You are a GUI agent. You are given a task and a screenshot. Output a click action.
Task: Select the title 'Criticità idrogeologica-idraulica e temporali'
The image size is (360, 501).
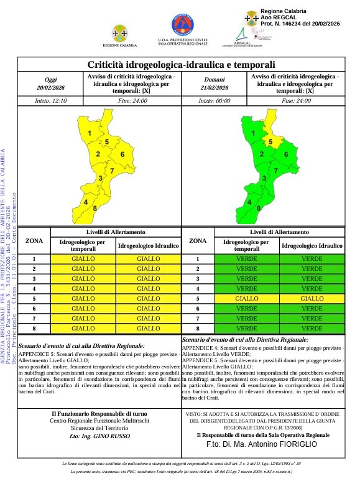click(180, 65)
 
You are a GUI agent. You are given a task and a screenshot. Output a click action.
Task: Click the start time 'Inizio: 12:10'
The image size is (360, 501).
click(51, 100)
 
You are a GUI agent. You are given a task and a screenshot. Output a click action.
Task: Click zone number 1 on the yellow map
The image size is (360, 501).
click(90, 134)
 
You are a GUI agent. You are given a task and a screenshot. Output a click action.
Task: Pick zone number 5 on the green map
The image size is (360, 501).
click(270, 142)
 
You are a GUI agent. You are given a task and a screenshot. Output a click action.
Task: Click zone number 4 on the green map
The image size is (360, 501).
click(249, 202)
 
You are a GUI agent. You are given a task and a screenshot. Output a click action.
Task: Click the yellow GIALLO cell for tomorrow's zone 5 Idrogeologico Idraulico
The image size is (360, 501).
click(312, 299)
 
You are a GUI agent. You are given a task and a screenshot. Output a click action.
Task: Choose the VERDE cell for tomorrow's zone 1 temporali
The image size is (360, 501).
click(247, 259)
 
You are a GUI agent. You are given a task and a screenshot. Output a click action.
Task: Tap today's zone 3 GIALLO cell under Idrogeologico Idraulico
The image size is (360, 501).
click(148, 279)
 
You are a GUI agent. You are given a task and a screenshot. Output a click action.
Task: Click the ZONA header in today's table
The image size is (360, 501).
click(34, 240)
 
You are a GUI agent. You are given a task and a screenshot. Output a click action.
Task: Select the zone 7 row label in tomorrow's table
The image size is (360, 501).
click(197, 318)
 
